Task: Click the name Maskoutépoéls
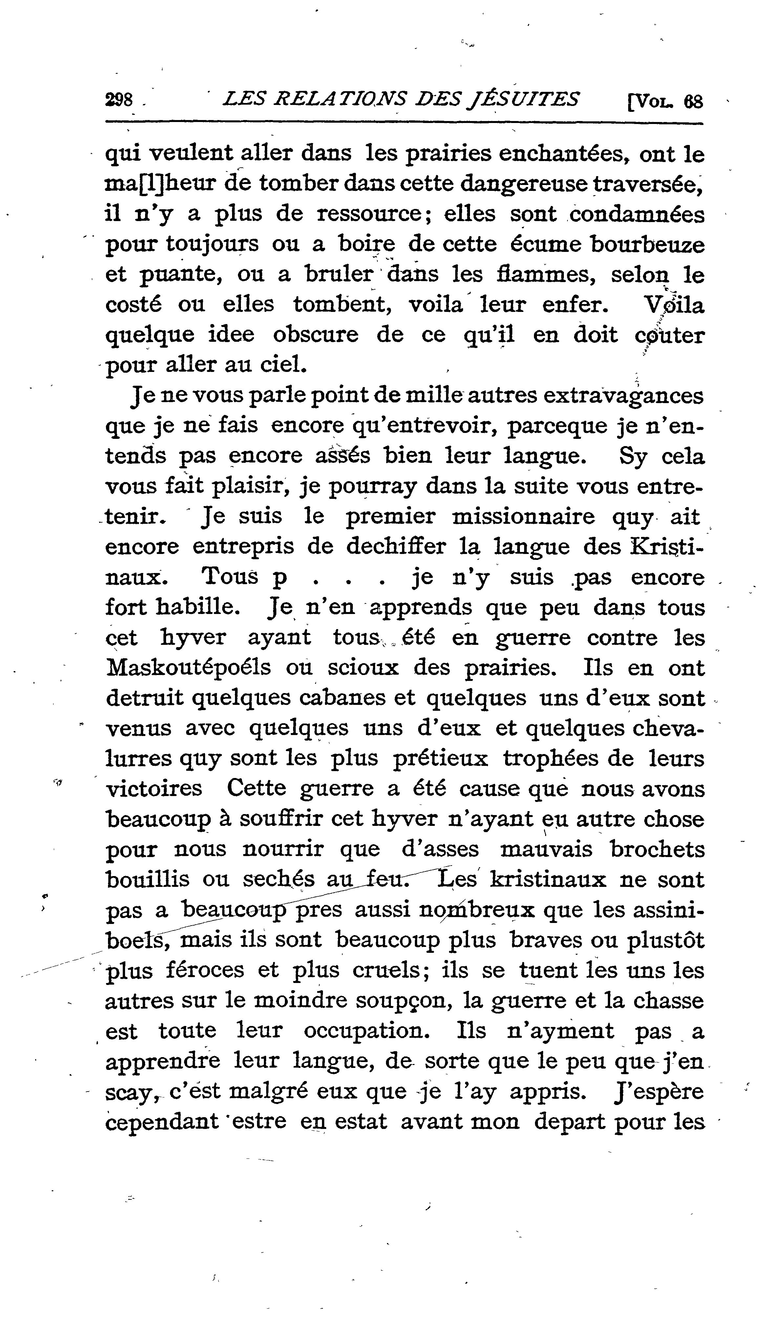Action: pos(188,668)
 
